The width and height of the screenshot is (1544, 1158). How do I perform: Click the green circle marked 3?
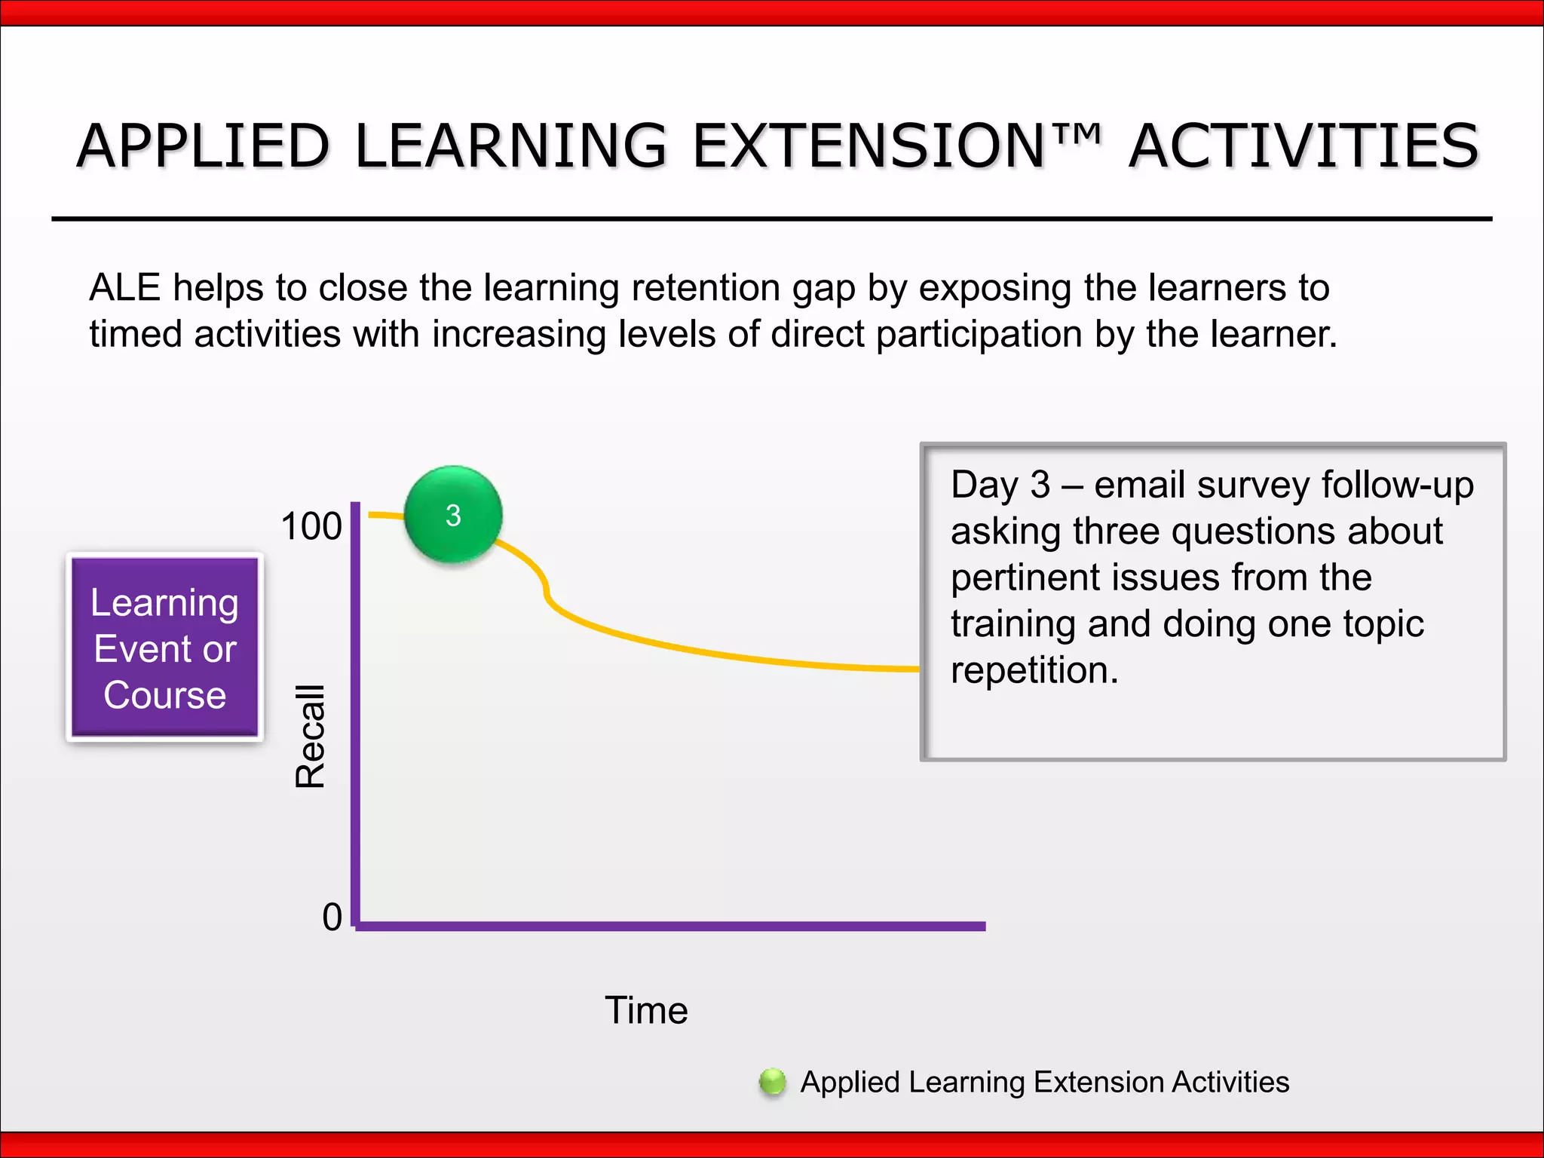(453, 515)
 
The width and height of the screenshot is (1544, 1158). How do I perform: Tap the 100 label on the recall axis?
(311, 526)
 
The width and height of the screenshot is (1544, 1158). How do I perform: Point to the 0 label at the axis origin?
(332, 918)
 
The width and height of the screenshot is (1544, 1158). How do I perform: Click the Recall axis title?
(310, 737)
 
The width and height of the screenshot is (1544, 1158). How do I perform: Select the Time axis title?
(646, 1010)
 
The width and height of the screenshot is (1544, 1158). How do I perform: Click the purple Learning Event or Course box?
(164, 648)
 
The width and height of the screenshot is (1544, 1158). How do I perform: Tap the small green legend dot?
(772, 1082)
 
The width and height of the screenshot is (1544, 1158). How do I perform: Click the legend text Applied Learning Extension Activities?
(1044, 1082)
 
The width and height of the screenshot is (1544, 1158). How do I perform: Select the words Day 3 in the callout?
(1000, 485)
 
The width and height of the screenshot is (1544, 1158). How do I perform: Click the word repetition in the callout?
(1034, 670)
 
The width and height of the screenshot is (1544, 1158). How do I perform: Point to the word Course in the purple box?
(164, 695)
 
